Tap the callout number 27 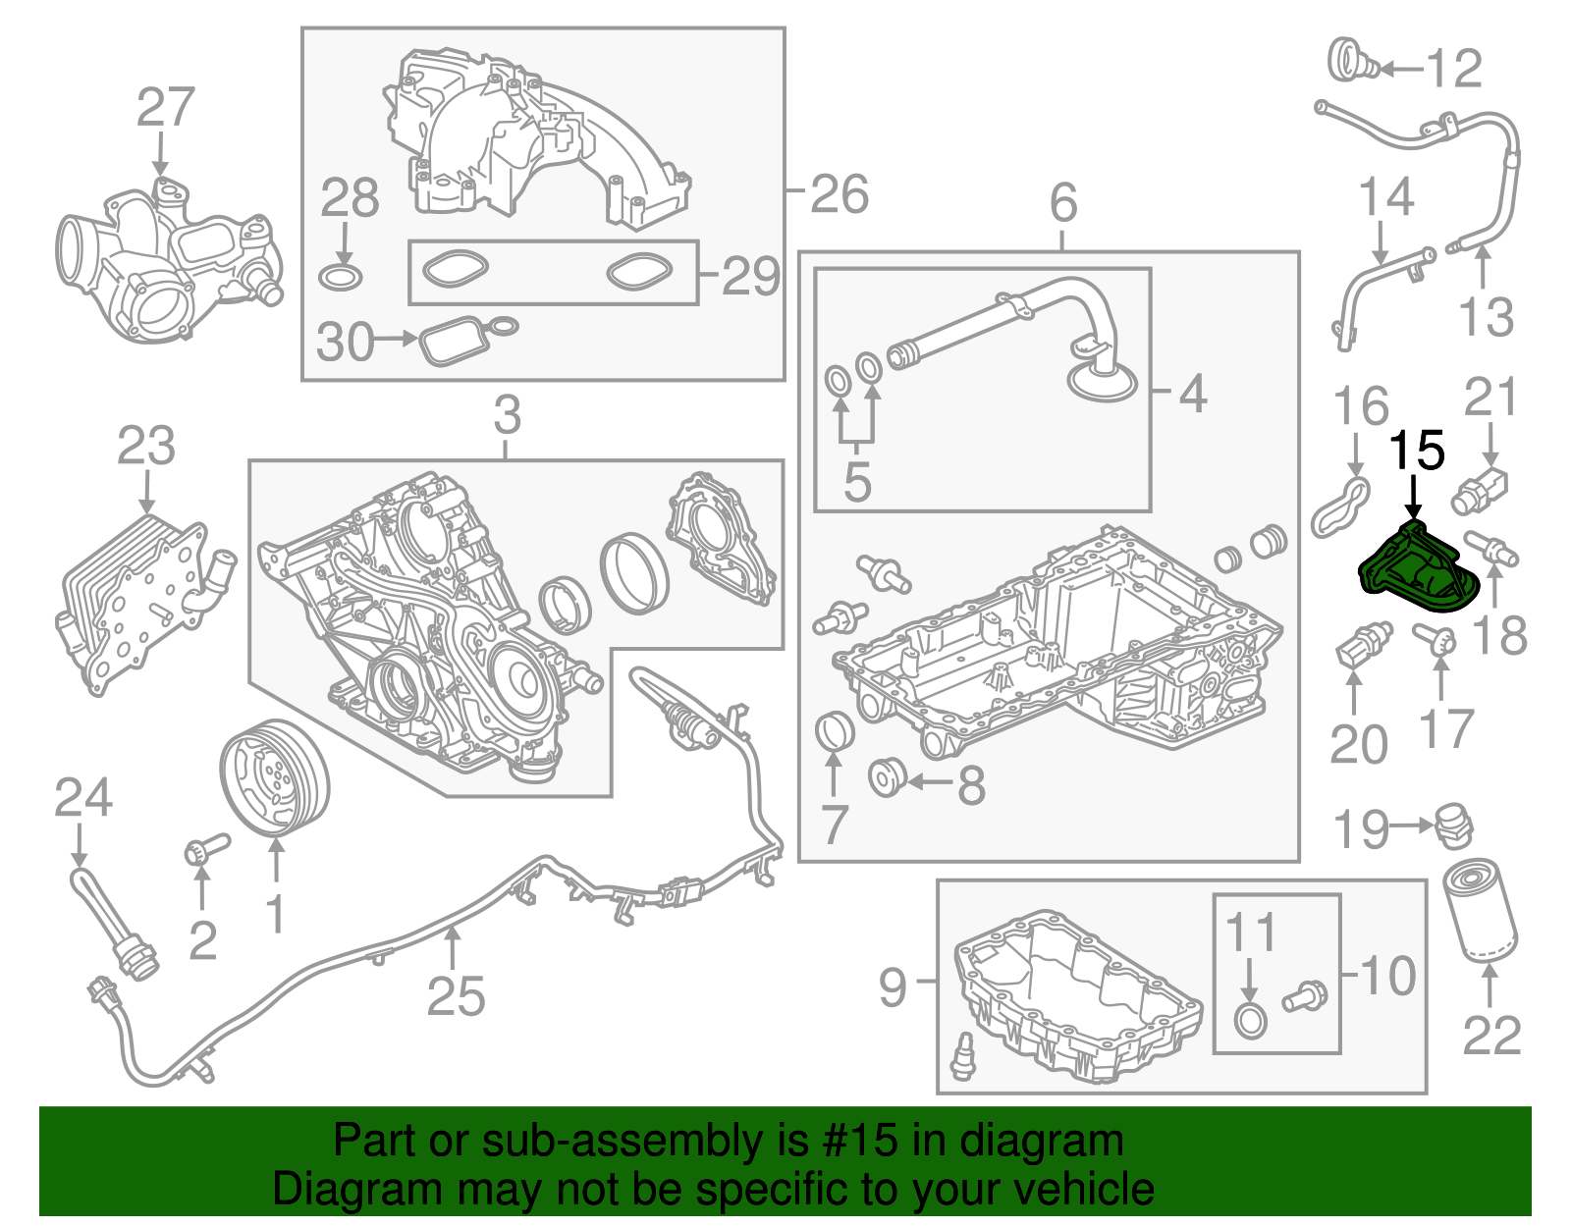pyautogui.click(x=165, y=108)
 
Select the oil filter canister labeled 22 pyautogui.click(x=1481, y=909)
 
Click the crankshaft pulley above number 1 pyautogui.click(x=274, y=777)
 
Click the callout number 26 pyautogui.click(x=840, y=193)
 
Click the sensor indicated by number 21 pyautogui.click(x=1482, y=487)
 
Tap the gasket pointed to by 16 pyautogui.click(x=1340, y=506)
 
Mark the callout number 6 pyautogui.click(x=1063, y=203)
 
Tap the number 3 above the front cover pyautogui.click(x=507, y=415)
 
